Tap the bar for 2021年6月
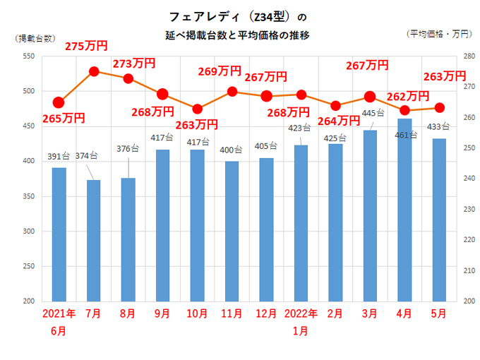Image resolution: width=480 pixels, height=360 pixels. pyautogui.click(x=59, y=234)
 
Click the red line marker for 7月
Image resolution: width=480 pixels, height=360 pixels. pyautogui.click(x=94, y=71)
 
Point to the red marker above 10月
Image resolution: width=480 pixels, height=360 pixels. pyautogui.click(x=198, y=109)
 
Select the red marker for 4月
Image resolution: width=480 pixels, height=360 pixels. pyautogui.click(x=404, y=110)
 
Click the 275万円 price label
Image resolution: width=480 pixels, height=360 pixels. pyautogui.click(x=86, y=46)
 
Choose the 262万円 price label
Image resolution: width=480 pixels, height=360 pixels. pyautogui.click(x=408, y=96)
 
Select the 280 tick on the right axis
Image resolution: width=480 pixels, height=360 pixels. pyautogui.click(x=467, y=56)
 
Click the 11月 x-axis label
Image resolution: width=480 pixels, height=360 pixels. pyautogui.click(x=232, y=314)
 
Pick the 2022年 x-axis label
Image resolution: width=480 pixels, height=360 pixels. pyautogui.click(x=301, y=314)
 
